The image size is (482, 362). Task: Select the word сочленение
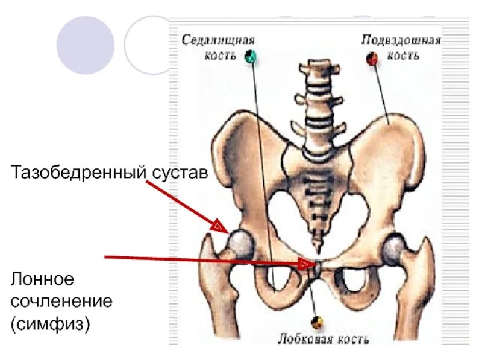pos(61,301)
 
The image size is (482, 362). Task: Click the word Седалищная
pos(219,40)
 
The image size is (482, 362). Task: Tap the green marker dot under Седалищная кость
pos(251,57)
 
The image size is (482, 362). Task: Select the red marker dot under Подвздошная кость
pos(372,58)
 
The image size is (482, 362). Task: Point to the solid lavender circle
pos(86,45)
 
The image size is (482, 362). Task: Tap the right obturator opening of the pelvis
pos(354,280)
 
